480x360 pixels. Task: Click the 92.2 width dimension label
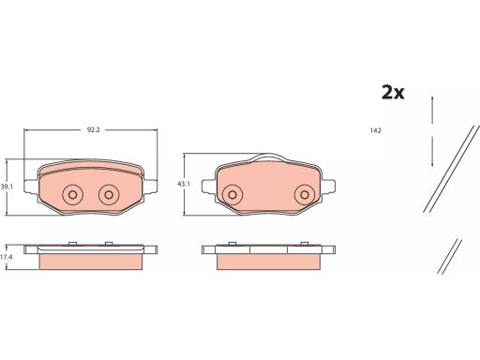click(93, 130)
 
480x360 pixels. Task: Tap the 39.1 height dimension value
click(7, 187)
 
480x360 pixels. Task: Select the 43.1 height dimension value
click(184, 184)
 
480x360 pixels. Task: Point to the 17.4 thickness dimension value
click(7, 258)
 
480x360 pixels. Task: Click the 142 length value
click(375, 130)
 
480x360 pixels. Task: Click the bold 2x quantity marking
click(393, 92)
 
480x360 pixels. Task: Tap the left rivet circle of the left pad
click(72, 195)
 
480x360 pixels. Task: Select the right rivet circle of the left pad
click(109, 195)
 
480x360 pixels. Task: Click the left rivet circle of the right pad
click(232, 195)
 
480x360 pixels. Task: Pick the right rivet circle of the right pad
click(305, 195)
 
